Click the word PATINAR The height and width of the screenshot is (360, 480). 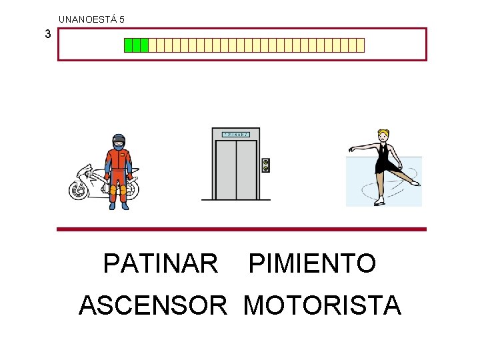tap(161, 263)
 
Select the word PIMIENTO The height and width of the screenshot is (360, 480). tap(312, 263)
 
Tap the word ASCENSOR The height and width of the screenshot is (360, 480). tap(153, 305)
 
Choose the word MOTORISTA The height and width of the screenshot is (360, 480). tap(322, 305)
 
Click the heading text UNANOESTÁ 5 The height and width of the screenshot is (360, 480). tap(91, 19)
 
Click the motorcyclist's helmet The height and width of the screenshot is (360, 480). tap(119, 141)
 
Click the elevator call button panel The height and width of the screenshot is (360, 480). tap(265, 165)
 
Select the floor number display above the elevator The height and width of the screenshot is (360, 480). tap(235, 134)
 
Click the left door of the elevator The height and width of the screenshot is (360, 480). tap(226, 169)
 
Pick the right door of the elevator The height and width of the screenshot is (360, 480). tap(246, 169)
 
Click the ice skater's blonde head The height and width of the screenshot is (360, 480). tap(383, 135)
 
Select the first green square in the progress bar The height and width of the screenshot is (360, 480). tap(129, 45)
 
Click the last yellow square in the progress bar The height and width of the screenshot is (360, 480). tap(361, 45)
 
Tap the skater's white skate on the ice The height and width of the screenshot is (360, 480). tap(379, 200)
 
